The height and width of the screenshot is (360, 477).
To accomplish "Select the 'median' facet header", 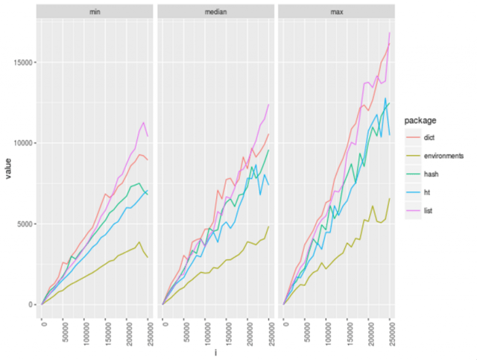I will coord(216,12).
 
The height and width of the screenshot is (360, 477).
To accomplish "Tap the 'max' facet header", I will coord(337,12).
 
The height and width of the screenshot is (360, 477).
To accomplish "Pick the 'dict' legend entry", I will coord(429,136).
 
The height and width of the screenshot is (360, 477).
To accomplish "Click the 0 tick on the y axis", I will coord(30,304).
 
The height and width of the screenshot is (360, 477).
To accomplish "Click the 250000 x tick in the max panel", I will coord(389,331).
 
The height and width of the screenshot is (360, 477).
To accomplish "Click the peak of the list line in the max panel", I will coord(389,33).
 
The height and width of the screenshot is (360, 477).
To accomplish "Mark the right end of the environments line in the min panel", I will coord(148,257).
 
